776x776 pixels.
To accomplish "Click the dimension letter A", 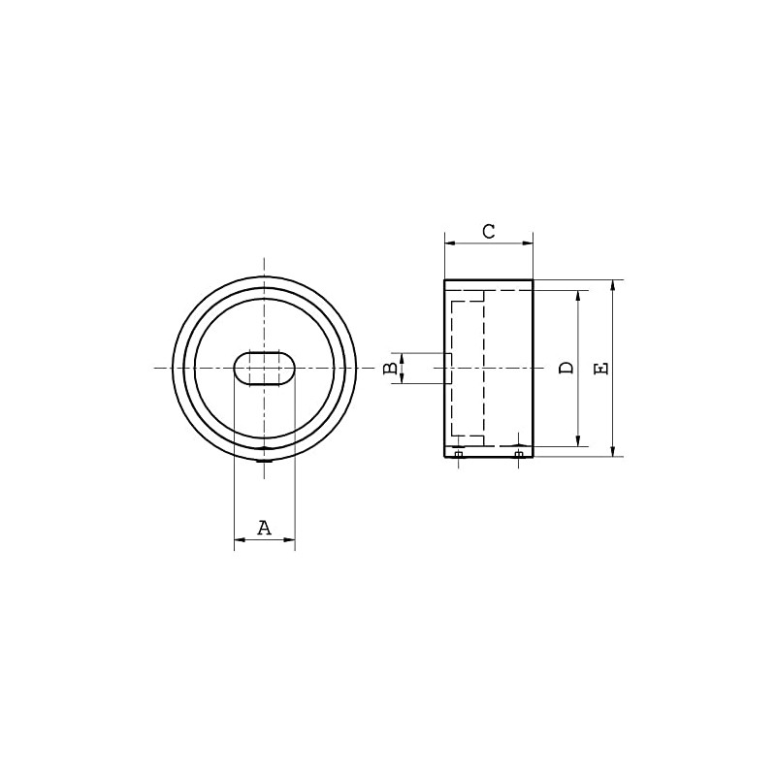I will pos(264,528).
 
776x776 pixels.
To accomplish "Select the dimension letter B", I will pos(390,369).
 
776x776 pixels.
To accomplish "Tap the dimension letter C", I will pos(489,231).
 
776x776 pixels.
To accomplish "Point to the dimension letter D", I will pos(566,368).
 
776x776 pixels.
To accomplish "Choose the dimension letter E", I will pos(600,368).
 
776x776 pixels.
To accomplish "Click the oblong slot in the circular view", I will pos(264,370).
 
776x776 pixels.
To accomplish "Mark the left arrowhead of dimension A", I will pos(240,540).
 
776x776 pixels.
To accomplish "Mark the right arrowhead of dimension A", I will pos(289,540).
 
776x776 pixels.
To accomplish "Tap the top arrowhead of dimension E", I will pos(613,286).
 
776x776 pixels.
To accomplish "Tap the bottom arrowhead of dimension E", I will pos(613,450).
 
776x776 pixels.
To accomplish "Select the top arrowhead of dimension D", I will pos(579,295).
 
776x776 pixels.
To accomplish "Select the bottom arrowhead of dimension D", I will pos(579,440).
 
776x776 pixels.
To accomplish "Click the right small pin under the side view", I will pos(519,454).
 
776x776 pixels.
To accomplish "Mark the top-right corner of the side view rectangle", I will pos(533,280).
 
